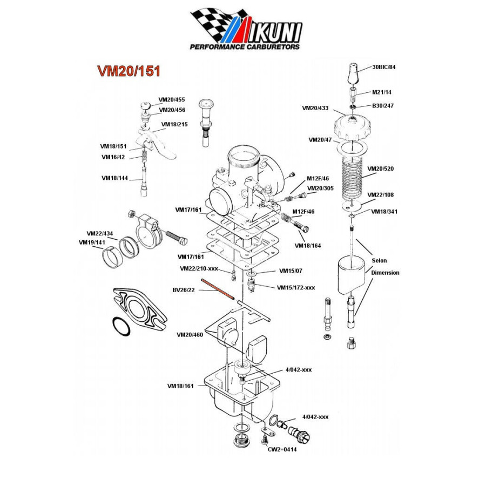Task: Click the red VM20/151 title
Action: [129, 71]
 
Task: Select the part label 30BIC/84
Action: [384, 67]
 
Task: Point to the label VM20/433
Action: [315, 108]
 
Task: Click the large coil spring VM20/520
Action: [352, 178]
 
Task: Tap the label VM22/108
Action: [380, 195]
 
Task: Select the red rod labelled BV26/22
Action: [219, 289]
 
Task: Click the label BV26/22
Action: [184, 290]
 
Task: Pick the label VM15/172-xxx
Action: [296, 288]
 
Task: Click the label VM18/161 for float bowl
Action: [180, 386]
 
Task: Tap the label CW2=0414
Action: [282, 449]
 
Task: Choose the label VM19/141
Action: [92, 242]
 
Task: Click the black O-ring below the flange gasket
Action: [121, 326]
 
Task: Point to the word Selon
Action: [379, 261]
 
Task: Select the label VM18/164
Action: [308, 246]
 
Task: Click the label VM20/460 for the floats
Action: [190, 335]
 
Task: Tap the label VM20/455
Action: [172, 100]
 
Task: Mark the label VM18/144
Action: [114, 178]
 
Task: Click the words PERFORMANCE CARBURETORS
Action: [245, 47]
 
